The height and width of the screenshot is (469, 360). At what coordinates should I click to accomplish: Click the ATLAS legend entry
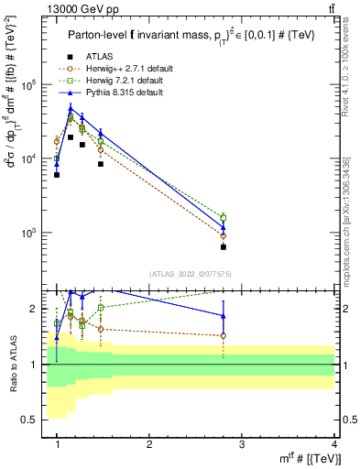click(x=101, y=56)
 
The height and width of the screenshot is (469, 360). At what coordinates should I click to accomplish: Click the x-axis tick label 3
click(x=242, y=443)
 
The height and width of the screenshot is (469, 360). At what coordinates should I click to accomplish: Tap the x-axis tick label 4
click(x=334, y=443)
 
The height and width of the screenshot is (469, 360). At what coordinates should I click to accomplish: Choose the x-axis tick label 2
click(x=149, y=443)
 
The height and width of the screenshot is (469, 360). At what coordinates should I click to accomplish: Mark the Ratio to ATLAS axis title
click(x=12, y=365)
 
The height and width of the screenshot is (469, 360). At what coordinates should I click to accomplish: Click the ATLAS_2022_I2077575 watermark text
click(x=191, y=274)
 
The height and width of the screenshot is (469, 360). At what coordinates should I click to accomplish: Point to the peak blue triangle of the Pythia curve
click(x=71, y=108)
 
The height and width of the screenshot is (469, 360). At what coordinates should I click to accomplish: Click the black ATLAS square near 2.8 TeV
click(x=224, y=246)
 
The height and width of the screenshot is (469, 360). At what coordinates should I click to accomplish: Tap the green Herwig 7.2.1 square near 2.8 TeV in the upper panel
click(x=224, y=217)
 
